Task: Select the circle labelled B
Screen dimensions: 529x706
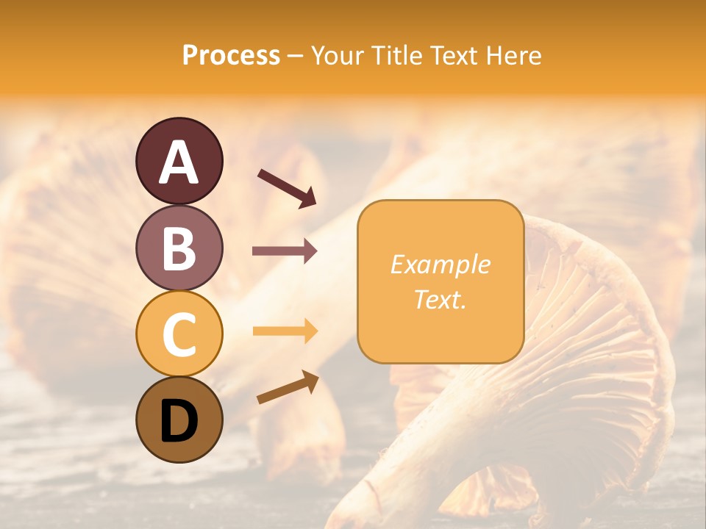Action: [179, 248]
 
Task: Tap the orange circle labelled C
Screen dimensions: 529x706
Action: [179, 334]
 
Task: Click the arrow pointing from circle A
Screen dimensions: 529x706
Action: [287, 187]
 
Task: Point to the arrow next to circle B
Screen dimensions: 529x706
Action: [285, 251]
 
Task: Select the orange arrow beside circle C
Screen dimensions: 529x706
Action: [285, 331]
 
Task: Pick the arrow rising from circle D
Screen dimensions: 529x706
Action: [288, 387]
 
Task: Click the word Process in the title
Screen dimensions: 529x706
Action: [231, 56]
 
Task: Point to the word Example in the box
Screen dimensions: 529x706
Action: [441, 264]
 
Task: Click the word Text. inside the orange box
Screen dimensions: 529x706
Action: [441, 299]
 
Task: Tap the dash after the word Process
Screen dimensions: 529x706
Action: [295, 56]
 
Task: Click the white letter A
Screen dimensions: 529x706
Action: [179, 162]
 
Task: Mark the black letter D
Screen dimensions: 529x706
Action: [179, 420]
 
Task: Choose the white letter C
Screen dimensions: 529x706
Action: [179, 334]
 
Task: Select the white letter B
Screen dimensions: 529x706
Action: [179, 248]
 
